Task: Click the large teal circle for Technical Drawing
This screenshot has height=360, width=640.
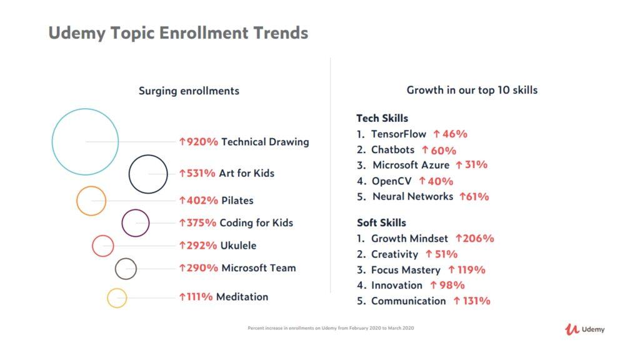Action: click(x=85, y=141)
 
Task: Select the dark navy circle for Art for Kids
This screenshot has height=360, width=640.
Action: click(x=148, y=173)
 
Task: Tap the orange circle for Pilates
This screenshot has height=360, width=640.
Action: click(x=91, y=201)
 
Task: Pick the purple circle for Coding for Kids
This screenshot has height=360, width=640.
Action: click(x=136, y=223)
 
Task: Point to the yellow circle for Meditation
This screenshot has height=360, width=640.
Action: click(x=117, y=297)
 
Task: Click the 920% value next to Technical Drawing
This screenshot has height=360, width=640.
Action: click(x=202, y=142)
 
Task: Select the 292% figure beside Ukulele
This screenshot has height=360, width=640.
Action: click(x=202, y=246)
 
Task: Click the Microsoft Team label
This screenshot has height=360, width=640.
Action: click(x=258, y=268)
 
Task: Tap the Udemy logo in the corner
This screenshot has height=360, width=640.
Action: click(x=584, y=329)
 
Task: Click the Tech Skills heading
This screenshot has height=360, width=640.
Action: click(x=382, y=118)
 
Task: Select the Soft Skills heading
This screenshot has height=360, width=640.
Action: click(x=381, y=222)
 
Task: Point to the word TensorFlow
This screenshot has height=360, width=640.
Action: click(x=398, y=134)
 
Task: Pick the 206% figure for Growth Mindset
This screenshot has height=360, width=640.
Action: click(x=478, y=238)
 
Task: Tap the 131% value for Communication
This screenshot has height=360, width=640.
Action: click(x=475, y=301)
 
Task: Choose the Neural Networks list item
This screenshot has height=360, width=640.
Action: click(x=412, y=196)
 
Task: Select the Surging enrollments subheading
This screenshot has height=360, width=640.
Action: click(x=189, y=91)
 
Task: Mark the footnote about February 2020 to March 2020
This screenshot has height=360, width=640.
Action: click(x=331, y=328)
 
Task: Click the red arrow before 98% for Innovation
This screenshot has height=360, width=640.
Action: click(x=433, y=285)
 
